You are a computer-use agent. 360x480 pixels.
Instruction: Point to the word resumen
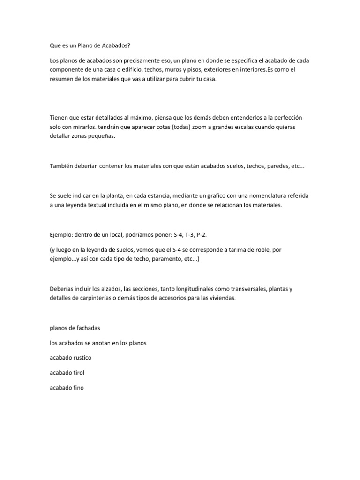point(62,79)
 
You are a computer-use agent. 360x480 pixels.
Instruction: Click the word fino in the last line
point(77,388)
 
